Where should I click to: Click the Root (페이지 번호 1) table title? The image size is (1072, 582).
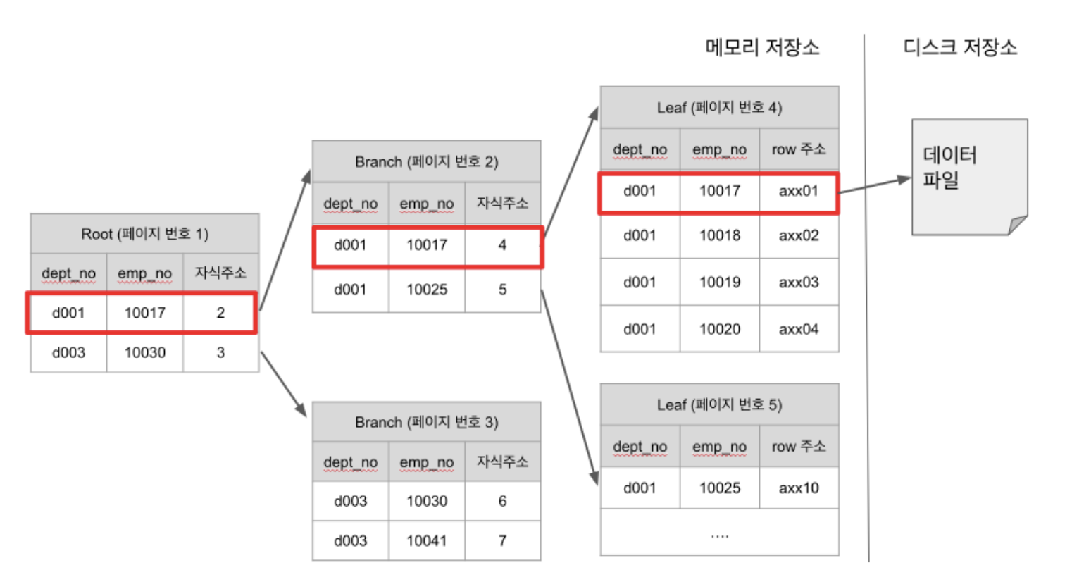click(144, 234)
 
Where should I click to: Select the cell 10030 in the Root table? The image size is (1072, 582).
click(145, 352)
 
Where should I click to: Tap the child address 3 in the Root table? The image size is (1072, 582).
click(220, 352)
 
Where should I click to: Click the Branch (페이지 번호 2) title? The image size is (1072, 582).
click(426, 161)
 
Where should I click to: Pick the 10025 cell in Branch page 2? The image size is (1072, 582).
click(427, 290)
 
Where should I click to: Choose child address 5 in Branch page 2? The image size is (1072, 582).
click(502, 290)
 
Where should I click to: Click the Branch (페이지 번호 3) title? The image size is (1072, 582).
click(426, 422)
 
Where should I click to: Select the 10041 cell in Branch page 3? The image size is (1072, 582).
click(427, 540)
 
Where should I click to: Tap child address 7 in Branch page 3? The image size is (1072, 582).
click(502, 540)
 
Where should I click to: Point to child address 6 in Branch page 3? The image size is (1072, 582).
click(502, 501)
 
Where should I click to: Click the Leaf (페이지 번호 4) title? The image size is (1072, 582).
click(719, 108)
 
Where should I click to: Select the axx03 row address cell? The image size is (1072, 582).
click(799, 283)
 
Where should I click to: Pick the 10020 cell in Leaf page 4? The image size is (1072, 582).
click(719, 329)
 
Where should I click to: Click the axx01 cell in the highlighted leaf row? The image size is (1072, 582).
click(799, 191)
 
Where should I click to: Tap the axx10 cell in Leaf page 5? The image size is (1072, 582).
click(799, 488)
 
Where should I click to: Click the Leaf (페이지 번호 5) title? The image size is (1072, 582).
click(719, 404)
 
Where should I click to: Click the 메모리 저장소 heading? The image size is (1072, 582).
click(762, 47)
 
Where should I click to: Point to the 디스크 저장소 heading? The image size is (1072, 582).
click(960, 47)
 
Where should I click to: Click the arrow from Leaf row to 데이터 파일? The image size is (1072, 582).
click(875, 185)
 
